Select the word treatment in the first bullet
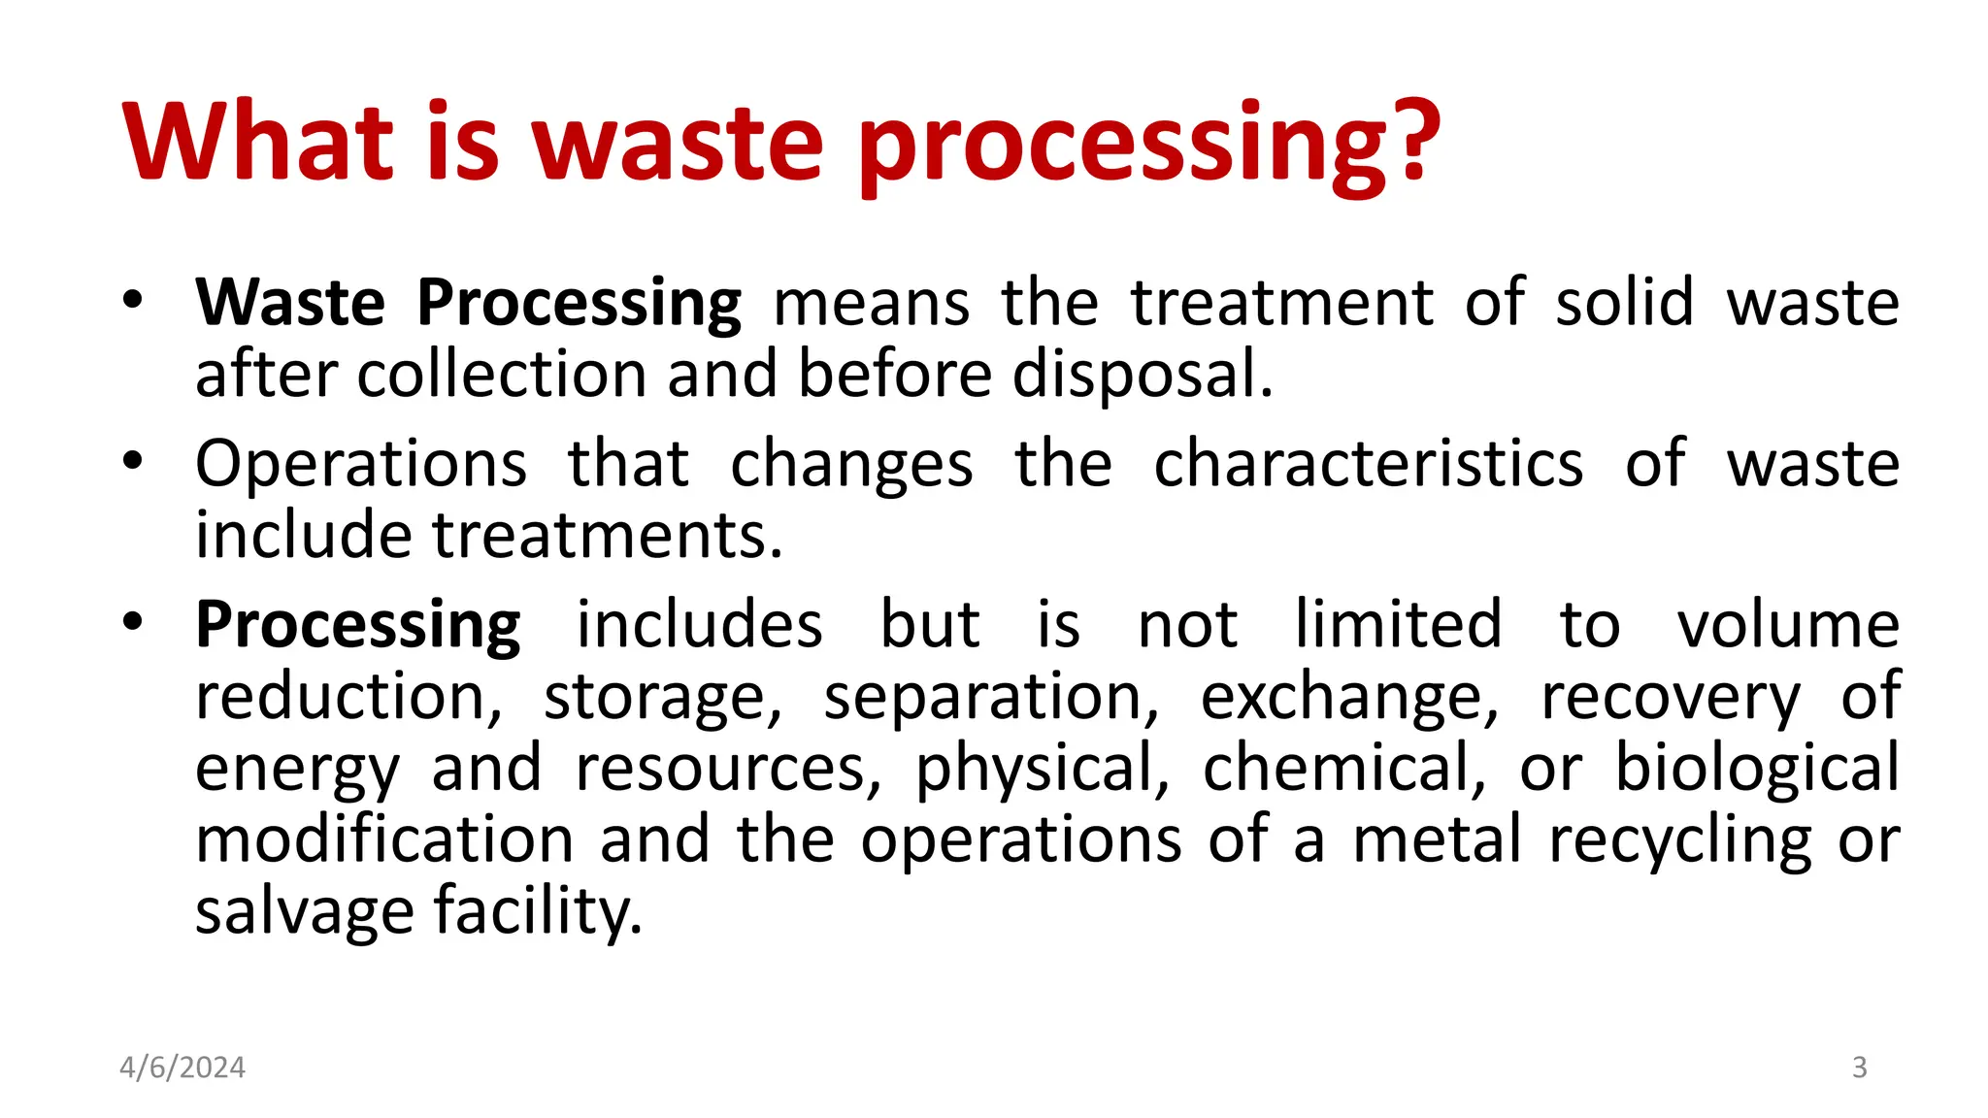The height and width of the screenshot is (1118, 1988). pyautogui.click(x=1281, y=303)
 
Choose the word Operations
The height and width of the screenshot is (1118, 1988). pyautogui.click(x=361, y=464)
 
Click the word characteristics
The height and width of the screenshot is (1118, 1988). pyautogui.click(x=1368, y=464)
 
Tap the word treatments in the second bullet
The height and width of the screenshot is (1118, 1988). pyautogui.click(x=606, y=536)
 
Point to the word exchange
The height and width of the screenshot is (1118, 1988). pyautogui.click(x=1349, y=697)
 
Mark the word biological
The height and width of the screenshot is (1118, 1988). pyautogui.click(x=1757, y=768)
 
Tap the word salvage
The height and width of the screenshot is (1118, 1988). pyautogui.click(x=304, y=911)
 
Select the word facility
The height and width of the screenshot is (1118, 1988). pyautogui.click(x=537, y=911)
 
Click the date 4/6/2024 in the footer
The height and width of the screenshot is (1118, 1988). pyautogui.click(x=182, y=1068)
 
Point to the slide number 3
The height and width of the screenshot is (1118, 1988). pyautogui.click(x=1859, y=1068)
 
